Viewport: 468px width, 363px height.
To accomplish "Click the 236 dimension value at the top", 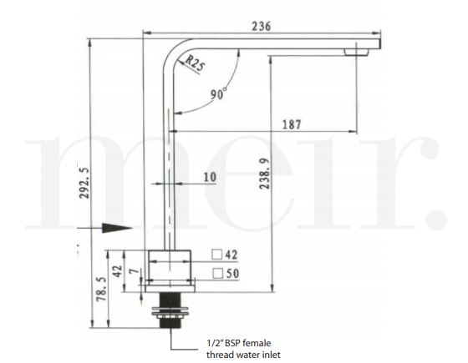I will click(262, 27).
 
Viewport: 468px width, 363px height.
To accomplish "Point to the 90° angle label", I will click(218, 95).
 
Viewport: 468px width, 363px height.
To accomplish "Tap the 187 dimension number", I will click(292, 124).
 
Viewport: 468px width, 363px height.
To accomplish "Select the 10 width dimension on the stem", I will click(208, 178).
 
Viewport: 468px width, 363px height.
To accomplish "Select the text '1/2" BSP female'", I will click(238, 343).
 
